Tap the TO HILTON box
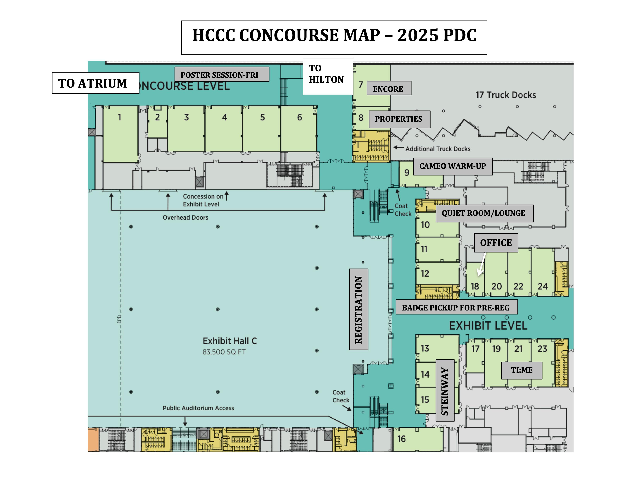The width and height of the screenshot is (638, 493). tap(328, 77)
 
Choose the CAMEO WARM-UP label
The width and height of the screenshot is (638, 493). tap(453, 166)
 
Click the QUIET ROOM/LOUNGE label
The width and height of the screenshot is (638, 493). tap(484, 213)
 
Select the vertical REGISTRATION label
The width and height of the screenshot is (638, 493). tap(358, 309)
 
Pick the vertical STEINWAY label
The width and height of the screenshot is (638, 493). tap(445, 391)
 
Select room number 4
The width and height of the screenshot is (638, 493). tap(224, 117)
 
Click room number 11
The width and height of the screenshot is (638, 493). tap(424, 249)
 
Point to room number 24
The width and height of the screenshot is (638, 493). tap(542, 286)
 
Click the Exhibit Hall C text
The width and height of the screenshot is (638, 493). tap(230, 341)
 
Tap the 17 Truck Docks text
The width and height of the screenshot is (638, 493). tap(506, 95)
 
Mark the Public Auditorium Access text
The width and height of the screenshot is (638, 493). tap(198, 408)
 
